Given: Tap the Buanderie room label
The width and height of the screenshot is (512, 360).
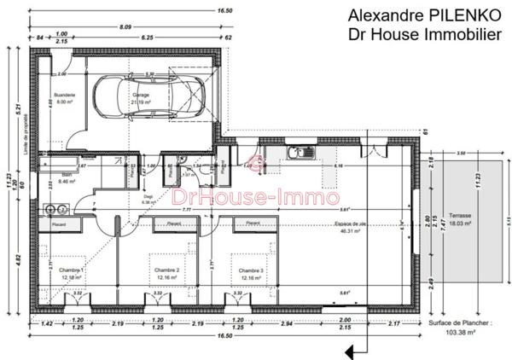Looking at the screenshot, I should (65, 95).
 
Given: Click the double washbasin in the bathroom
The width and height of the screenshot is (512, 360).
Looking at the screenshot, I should (57, 207).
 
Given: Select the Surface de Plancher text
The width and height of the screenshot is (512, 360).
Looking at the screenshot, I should (457, 325).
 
